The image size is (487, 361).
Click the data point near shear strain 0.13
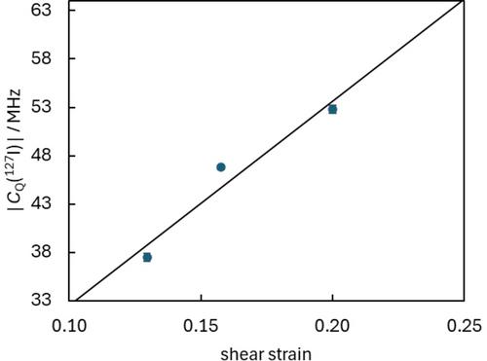pyautogui.click(x=147, y=258)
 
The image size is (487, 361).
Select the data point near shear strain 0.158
pyautogui.click(x=221, y=167)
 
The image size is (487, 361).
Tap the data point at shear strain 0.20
pyautogui.click(x=332, y=110)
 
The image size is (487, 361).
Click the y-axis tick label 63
pyautogui.click(x=41, y=10)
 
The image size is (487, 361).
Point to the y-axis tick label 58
pyautogui.click(x=41, y=58)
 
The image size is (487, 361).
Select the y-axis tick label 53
pyautogui.click(x=41, y=107)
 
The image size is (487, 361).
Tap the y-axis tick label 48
pyautogui.click(x=41, y=156)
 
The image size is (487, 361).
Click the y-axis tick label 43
pyautogui.click(x=41, y=204)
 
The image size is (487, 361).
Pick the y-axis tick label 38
pyautogui.click(x=41, y=252)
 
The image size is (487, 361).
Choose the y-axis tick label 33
pyautogui.click(x=41, y=300)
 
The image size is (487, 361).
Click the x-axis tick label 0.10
pyautogui.click(x=69, y=326)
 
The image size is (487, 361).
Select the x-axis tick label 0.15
pyautogui.click(x=201, y=326)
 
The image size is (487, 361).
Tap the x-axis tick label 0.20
pyautogui.click(x=332, y=326)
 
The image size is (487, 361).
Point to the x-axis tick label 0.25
pyautogui.click(x=465, y=326)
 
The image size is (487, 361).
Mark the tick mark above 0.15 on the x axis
pyautogui.click(x=201, y=299)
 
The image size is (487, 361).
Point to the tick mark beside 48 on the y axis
pyautogui.click(x=71, y=156)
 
